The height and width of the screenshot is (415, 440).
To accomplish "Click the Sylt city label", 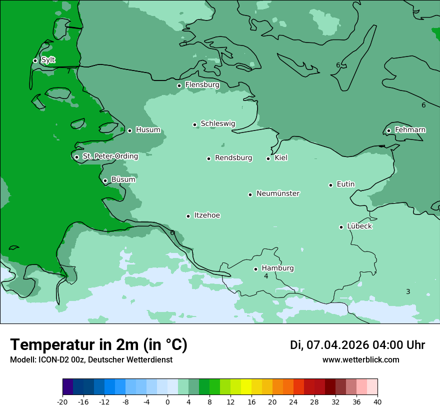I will tap(48, 60).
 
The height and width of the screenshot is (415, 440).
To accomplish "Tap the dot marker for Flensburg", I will tap(179, 85).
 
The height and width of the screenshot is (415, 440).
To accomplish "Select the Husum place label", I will tap(148, 130).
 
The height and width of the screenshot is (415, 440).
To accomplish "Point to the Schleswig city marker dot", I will tap(195, 124).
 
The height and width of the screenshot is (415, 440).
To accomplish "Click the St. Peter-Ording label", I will tap(110, 156).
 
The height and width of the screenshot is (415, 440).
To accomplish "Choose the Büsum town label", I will tap(123, 179).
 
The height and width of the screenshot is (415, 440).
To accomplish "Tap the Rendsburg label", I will tap(233, 158).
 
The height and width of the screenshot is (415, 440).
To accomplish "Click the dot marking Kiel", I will tap(268, 158).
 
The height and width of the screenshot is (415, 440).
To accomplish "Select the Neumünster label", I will tap(278, 193).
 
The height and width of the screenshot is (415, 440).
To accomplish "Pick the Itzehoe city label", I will tap(207, 215).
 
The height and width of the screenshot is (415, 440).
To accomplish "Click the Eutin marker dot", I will tap(330, 185).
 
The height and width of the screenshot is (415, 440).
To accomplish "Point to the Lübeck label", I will tap(359, 226).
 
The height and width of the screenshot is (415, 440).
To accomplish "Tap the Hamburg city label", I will tap(277, 268).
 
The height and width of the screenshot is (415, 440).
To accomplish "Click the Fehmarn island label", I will tap(410, 130).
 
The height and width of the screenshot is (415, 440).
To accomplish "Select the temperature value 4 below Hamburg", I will tap(266, 276).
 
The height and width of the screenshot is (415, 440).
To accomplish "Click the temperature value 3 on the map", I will tap(408, 291).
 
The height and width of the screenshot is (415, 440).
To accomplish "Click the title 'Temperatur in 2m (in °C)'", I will tap(98, 344).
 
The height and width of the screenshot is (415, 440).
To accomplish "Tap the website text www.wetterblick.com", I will tap(360, 359).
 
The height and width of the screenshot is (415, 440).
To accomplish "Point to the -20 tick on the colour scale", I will tap(62, 401).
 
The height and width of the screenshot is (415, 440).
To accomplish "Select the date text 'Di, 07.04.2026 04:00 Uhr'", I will tap(357, 345).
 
